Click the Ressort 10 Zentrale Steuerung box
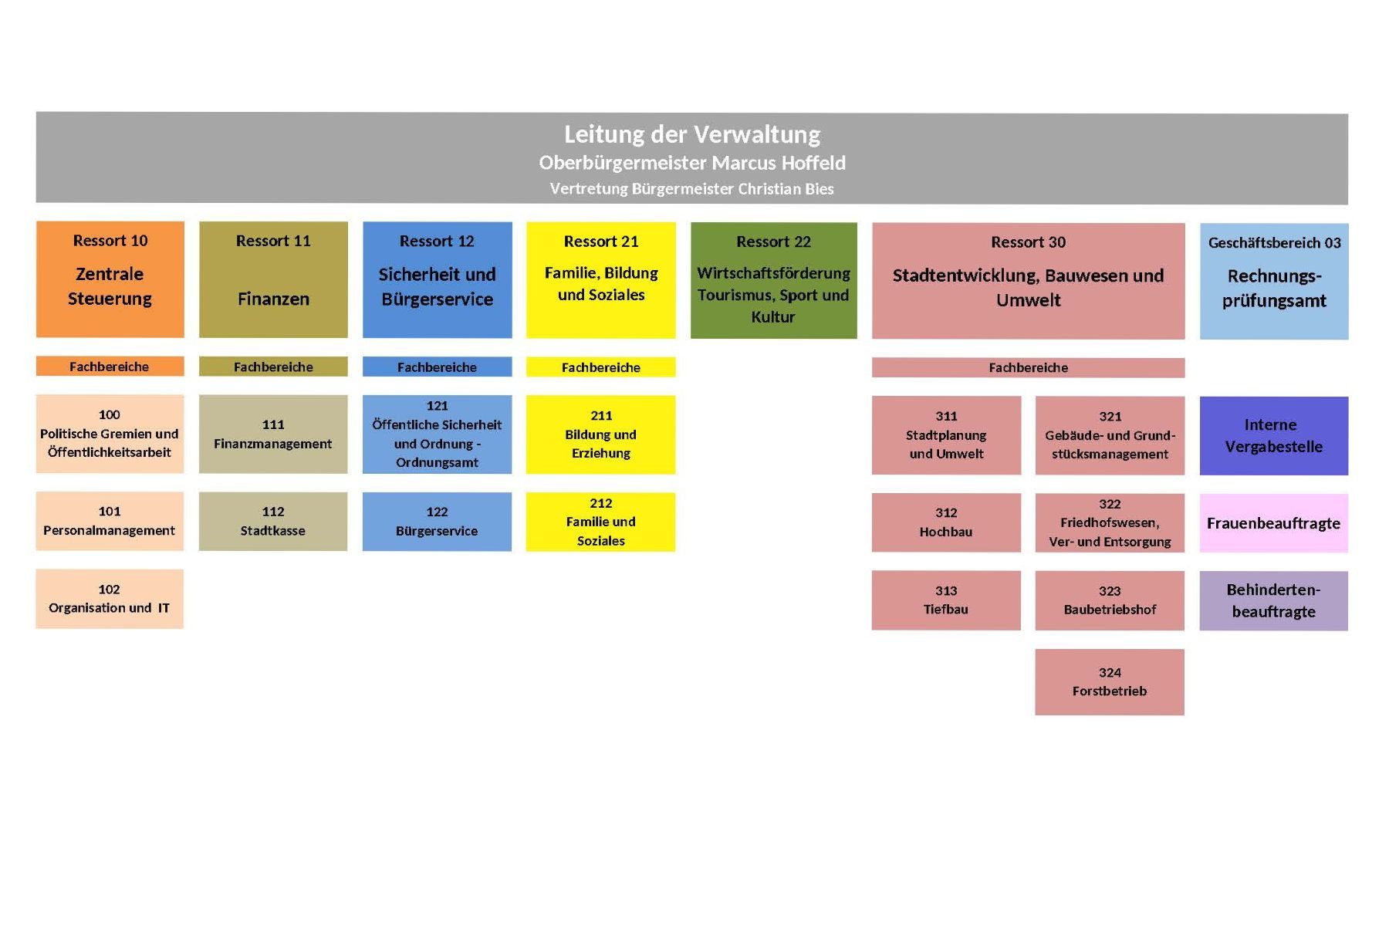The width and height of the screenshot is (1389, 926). pos(110,279)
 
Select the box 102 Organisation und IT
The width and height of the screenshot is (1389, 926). pos(110,599)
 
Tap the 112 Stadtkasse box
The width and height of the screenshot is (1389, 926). pos(273,522)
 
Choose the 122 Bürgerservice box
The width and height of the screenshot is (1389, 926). pos(437,522)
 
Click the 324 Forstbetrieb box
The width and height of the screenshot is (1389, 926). pos(1110,682)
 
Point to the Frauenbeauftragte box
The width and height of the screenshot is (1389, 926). pos(1274,523)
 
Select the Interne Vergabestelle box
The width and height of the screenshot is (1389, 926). pos(1274,436)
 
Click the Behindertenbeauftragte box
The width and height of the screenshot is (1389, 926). pos(1274,601)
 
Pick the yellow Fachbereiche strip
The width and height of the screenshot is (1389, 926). pos(601,367)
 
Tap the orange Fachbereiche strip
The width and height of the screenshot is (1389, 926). pos(110,367)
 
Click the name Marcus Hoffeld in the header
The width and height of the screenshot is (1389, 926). pos(779,163)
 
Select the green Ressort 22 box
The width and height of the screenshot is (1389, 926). pos(774,280)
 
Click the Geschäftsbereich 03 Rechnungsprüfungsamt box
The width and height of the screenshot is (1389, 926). pos(1274,282)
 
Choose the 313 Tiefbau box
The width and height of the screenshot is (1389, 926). pos(946,600)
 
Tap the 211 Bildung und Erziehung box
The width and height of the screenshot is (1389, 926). pos(601,434)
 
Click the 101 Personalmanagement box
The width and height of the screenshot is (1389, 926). pos(110,521)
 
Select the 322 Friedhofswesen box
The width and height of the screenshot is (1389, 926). pos(1110,523)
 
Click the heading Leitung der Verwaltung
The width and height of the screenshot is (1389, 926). pos(692,134)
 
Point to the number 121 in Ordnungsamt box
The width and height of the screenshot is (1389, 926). pos(437,406)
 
